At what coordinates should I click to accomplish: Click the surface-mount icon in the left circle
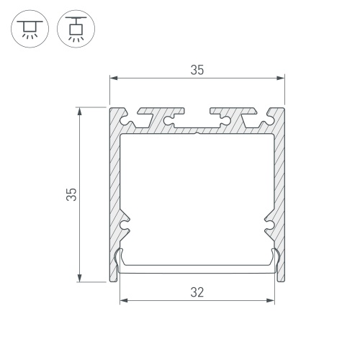coord(30,30)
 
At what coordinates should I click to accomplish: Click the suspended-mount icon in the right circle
coord(76,29)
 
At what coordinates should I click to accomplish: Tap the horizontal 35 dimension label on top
coord(197,70)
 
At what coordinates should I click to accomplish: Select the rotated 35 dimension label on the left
coord(71,194)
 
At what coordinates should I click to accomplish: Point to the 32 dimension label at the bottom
coord(197,292)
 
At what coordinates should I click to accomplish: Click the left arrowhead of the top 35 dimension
coord(114,78)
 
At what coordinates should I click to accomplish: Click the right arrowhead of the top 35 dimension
coord(281,78)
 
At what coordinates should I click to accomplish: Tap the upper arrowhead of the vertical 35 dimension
coord(79,112)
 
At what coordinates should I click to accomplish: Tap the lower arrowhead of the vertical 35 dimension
coord(79,278)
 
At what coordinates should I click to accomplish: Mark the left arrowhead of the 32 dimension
coord(124,300)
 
